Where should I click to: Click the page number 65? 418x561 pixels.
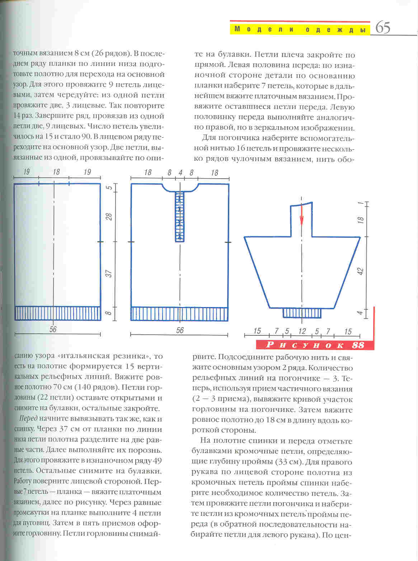pyautogui.click(x=383, y=28)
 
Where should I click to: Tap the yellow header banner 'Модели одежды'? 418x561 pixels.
pyautogui.click(x=300, y=29)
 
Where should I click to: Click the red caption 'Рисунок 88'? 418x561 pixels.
pyautogui.click(x=315, y=345)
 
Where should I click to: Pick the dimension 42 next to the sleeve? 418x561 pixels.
pyautogui.click(x=361, y=272)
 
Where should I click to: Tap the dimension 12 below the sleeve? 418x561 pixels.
pyautogui.click(x=302, y=331)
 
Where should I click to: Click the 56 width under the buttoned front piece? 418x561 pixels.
pyautogui.click(x=180, y=330)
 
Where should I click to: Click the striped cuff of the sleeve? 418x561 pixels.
pyautogui.click(x=302, y=313)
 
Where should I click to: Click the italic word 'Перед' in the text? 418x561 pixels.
pyautogui.click(x=28, y=419)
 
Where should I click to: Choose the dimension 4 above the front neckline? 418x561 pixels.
pyautogui.click(x=180, y=173)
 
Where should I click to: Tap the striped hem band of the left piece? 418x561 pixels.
pyautogui.click(x=57, y=313)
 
